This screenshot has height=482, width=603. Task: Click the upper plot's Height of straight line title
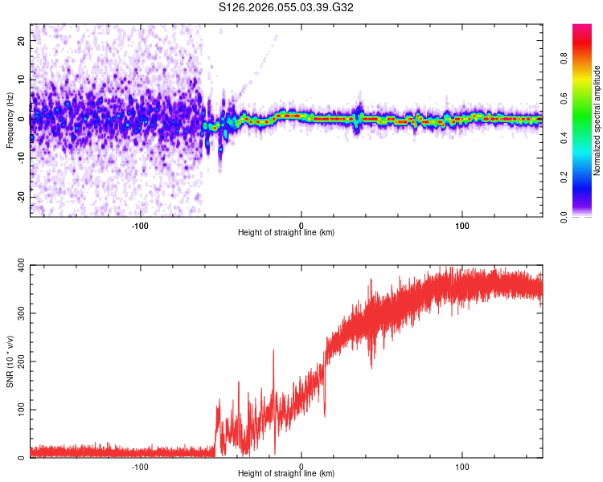point(286,232)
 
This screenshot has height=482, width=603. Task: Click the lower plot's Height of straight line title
point(286,473)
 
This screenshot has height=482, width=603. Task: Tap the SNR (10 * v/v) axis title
point(10,361)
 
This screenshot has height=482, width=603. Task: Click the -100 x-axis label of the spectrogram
point(141,224)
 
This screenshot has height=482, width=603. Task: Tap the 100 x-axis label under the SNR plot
point(462,465)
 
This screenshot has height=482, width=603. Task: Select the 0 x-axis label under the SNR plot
point(301,465)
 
